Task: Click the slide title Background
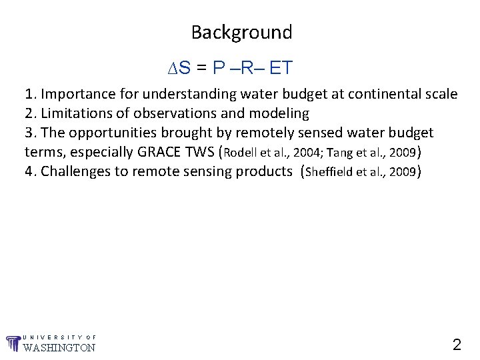tap(241, 32)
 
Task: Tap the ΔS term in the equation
tap(179, 68)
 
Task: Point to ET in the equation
tap(281, 68)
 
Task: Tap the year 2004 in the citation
tap(298, 153)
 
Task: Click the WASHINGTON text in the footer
tap(59, 347)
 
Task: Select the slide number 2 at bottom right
tap(457, 345)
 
